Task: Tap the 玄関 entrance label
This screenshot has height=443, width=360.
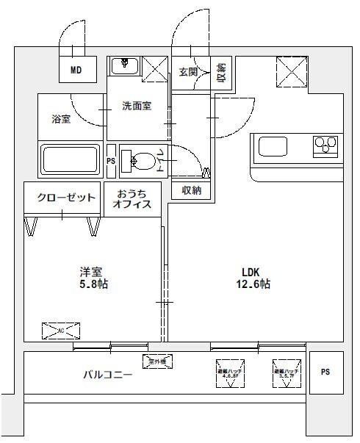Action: point(187,71)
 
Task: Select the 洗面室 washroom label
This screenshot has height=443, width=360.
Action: point(137,106)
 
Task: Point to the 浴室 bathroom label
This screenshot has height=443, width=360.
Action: point(61,118)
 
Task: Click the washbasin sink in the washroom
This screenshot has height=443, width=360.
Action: point(126,66)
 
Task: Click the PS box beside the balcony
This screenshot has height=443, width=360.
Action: point(325,372)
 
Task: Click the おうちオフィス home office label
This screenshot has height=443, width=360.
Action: point(133,199)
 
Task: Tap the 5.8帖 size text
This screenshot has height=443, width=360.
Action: point(93,284)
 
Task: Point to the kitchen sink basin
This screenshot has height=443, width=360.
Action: point(275,145)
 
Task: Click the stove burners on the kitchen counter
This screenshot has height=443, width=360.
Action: point(325,145)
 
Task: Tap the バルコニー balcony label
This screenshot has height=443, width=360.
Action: point(107,375)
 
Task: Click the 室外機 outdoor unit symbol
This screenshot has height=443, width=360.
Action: point(157,361)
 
